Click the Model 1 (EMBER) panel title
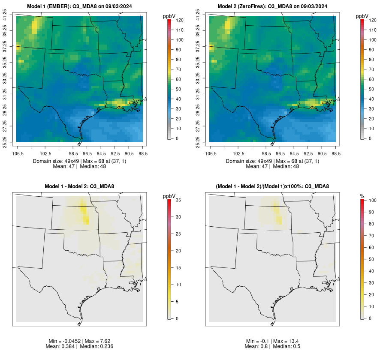79,6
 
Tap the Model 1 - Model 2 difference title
79,186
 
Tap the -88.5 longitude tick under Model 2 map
335,153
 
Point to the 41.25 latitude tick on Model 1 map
5,16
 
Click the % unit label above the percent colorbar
362,196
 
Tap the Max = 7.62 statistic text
95,341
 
